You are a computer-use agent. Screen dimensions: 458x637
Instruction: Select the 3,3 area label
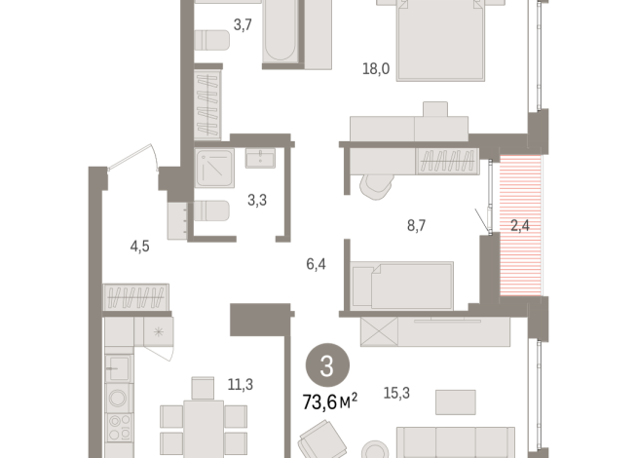pyautogui.click(x=258, y=202)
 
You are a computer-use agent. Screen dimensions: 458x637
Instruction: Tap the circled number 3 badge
pyautogui.click(x=326, y=368)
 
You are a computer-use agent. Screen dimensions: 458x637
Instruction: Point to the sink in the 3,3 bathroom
pyautogui.click(x=260, y=158)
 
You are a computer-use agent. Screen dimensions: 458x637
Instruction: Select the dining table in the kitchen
pyautogui.click(x=204, y=430)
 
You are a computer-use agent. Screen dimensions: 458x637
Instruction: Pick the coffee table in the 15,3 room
pyautogui.click(x=455, y=400)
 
